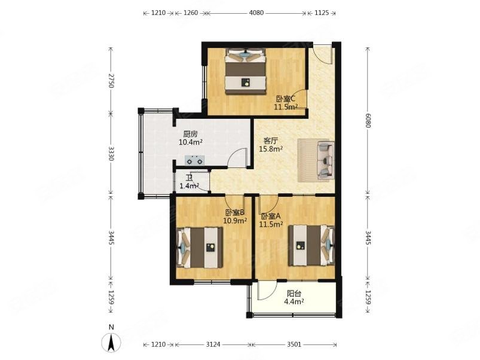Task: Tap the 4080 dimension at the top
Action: (x=256, y=13)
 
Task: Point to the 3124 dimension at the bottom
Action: (x=213, y=344)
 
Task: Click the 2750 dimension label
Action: (x=111, y=81)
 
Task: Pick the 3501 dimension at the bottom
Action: (x=294, y=344)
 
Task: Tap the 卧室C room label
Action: (x=286, y=99)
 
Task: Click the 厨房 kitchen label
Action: (x=190, y=134)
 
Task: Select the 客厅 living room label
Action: (x=271, y=141)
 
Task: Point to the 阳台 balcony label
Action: (x=294, y=294)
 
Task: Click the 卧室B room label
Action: (x=234, y=212)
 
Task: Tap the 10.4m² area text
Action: (x=191, y=142)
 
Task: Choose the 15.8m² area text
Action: (x=271, y=149)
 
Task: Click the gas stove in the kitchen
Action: (x=194, y=160)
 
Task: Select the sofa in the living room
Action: (x=325, y=160)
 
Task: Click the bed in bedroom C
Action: (x=245, y=71)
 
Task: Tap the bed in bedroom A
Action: (x=311, y=245)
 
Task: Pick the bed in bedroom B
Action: (x=200, y=248)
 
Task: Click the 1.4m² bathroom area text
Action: (x=189, y=186)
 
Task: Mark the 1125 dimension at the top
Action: (x=322, y=13)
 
